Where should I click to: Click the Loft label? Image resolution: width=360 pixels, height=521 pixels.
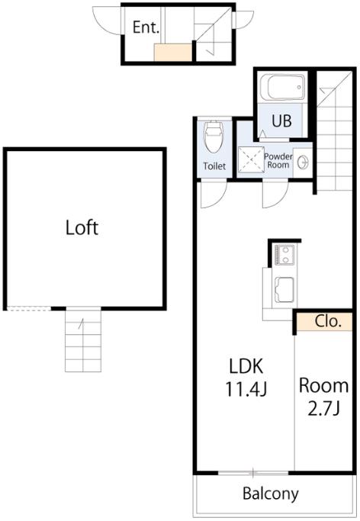pos(82,228)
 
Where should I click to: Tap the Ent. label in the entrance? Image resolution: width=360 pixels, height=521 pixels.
pos(146,27)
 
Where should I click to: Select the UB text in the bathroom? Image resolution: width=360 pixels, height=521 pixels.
pos(282,121)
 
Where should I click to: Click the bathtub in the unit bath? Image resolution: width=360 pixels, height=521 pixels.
pos(282,87)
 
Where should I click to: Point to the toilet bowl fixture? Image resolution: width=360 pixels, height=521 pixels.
pos(214,137)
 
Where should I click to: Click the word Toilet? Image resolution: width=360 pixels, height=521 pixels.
pos(214,166)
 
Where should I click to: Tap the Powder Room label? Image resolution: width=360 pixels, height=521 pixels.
pos(278,160)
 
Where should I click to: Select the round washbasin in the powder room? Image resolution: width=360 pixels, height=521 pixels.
pos(303,162)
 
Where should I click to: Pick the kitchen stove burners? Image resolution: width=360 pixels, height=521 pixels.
pos(283,255)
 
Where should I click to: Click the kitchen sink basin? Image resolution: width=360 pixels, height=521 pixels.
pos(284,290)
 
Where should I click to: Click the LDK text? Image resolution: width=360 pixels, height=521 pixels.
pos(246,366)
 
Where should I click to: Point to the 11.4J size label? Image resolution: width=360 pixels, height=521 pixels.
pos(246,389)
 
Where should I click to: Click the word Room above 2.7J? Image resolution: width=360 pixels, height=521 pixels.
pos(324,385)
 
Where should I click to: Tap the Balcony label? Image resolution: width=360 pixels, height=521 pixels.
pos(271,494)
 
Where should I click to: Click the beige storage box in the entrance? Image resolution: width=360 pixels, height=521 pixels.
pos(173,52)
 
